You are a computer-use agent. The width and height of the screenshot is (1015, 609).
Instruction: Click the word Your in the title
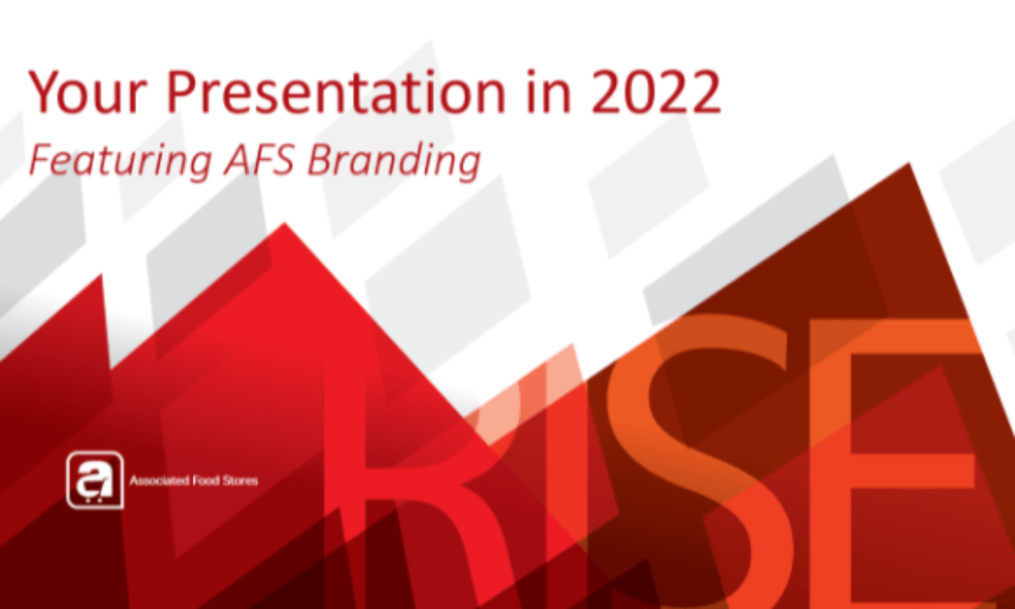tap(87, 92)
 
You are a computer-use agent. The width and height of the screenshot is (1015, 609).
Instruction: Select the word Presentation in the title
tap(336, 92)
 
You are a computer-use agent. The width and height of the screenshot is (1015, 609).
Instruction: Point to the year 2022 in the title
tap(656, 91)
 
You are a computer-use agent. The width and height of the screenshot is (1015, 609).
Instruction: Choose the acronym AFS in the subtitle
tap(259, 159)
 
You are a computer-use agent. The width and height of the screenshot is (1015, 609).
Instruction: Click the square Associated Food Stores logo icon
tap(95, 480)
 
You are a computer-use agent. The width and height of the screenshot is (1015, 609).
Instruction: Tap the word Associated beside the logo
tap(159, 480)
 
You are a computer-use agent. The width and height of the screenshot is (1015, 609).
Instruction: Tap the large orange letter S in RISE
tap(707, 462)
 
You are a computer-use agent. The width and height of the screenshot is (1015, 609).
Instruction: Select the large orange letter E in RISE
tap(902, 462)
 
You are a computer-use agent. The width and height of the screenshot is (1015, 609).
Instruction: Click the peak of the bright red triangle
tap(285, 223)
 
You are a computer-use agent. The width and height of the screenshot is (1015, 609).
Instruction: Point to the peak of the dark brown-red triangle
tap(908, 163)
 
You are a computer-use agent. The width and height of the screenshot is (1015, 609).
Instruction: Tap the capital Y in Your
tap(47, 91)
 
